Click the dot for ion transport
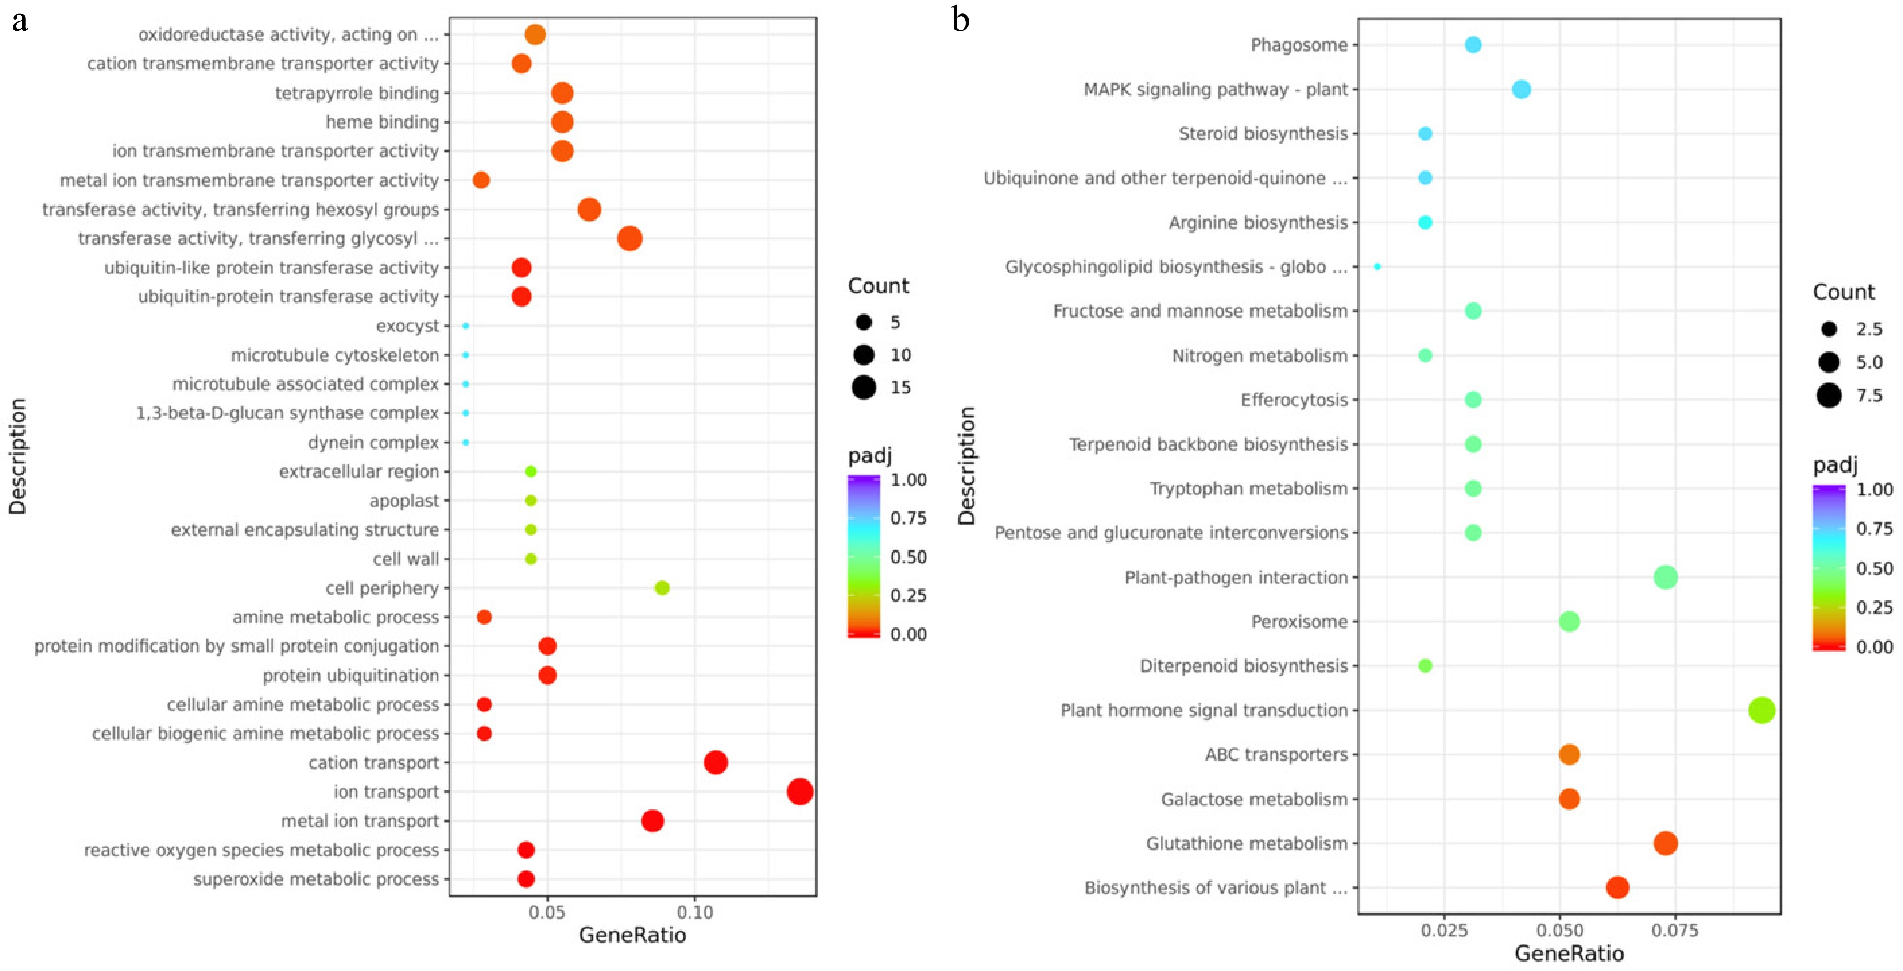pyautogui.click(x=800, y=792)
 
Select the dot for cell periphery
pyautogui.click(x=662, y=588)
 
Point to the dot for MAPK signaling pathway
pyautogui.click(x=1521, y=89)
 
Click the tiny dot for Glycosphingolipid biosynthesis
pyautogui.click(x=1377, y=267)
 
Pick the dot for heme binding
pyautogui.click(x=562, y=122)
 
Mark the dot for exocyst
pyautogui.click(x=465, y=326)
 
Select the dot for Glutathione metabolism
pyautogui.click(x=1665, y=843)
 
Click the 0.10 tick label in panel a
pyautogui.click(x=695, y=913)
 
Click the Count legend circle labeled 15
pyautogui.click(x=864, y=387)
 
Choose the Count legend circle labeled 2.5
pyautogui.click(x=1829, y=329)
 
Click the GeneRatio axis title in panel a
pyautogui.click(x=632, y=936)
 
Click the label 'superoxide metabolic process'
pyautogui.click(x=316, y=879)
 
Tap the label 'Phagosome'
pyautogui.click(x=1299, y=45)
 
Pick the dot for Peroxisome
pyautogui.click(x=1569, y=622)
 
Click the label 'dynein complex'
pyautogui.click(x=374, y=442)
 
